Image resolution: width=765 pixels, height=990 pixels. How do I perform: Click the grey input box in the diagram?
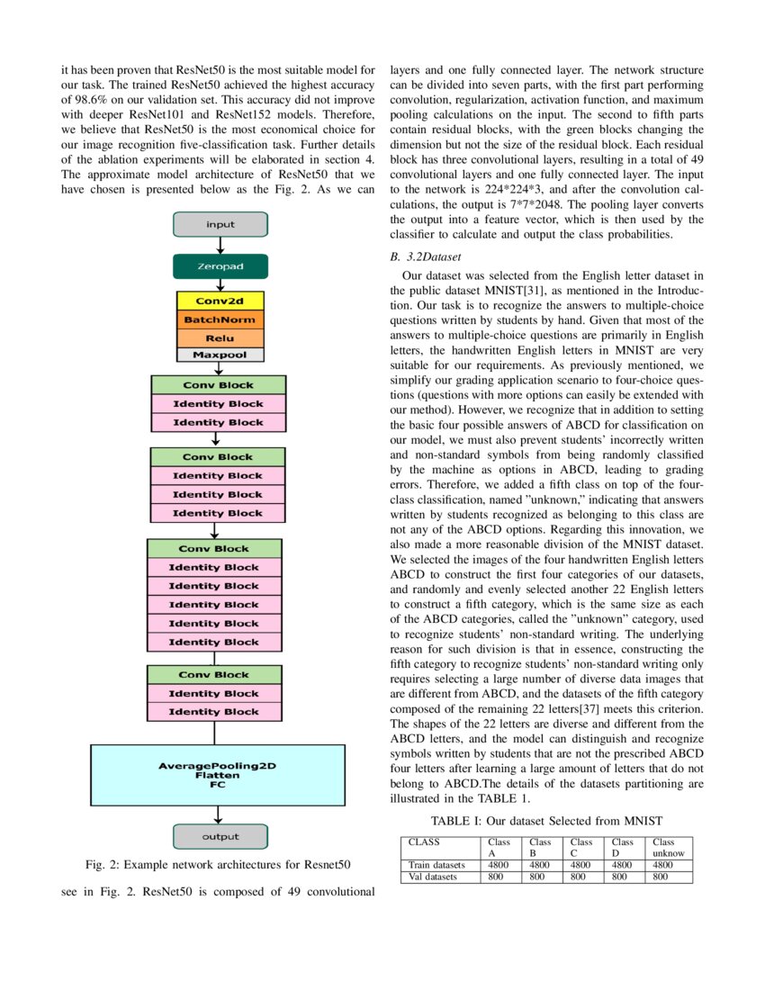[220, 224]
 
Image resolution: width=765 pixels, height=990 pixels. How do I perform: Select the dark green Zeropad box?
[220, 266]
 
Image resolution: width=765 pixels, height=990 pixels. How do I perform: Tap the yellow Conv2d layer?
[220, 301]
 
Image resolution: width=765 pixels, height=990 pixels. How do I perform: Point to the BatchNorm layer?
[220, 319]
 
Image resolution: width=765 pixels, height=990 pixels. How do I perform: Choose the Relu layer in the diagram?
[220, 337]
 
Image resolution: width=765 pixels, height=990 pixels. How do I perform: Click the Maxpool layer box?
[220, 355]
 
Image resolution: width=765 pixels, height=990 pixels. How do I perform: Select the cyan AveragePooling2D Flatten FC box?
[218, 774]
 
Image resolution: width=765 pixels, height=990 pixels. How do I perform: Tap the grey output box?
[220, 836]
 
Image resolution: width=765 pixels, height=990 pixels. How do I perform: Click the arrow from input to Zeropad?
[220, 245]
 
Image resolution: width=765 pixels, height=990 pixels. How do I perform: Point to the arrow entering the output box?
[218, 814]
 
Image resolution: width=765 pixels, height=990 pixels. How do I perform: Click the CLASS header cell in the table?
[424, 842]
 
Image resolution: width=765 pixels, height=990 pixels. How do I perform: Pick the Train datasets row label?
[437, 864]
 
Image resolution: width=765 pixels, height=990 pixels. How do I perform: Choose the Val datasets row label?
[433, 876]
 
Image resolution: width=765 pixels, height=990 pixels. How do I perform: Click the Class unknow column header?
[670, 848]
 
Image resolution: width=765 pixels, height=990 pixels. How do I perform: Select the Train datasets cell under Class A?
[499, 864]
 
